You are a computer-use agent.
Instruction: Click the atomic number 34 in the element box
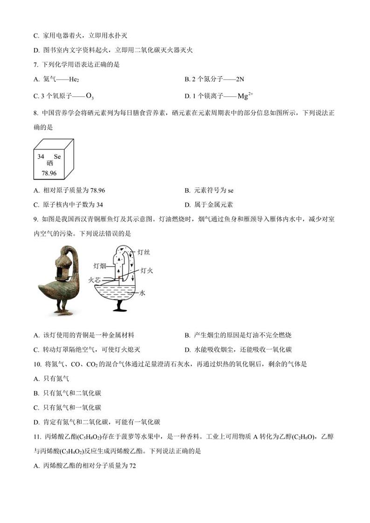click(41, 157)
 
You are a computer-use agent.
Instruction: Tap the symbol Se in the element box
click(57, 157)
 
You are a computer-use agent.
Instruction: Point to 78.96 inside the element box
click(49, 173)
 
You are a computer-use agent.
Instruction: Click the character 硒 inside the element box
click(49, 163)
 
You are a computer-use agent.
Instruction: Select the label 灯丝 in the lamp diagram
click(143, 252)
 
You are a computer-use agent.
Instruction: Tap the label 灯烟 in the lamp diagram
click(100, 266)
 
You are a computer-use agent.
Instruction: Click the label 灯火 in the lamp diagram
click(147, 270)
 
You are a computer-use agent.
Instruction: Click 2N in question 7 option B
click(240, 80)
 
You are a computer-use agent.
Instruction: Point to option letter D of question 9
click(187, 349)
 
